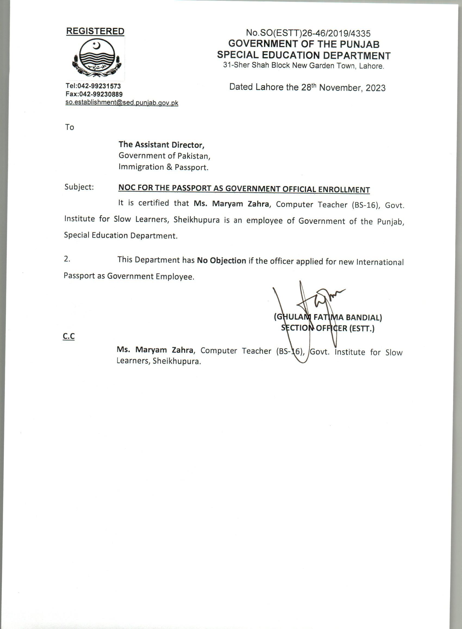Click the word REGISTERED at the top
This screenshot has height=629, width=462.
pos(95,31)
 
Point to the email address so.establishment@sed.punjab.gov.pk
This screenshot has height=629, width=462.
pos(122,103)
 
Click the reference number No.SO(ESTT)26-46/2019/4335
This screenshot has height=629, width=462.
pos(308,33)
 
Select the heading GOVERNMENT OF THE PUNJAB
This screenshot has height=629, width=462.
pos(304,44)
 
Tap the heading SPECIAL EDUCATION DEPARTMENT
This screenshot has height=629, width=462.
pos(304,55)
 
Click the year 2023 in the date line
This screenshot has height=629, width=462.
pos(375,88)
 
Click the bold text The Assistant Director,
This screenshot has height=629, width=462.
pos(161,145)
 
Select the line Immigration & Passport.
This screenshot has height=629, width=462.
pos(164,167)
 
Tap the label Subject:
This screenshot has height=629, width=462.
pos(79,187)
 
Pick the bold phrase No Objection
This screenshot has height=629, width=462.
pos(221,261)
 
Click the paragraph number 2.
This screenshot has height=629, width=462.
pos(67,259)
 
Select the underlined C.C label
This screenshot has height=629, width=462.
pos(69,336)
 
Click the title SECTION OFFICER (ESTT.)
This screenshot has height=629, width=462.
pos(328,328)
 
